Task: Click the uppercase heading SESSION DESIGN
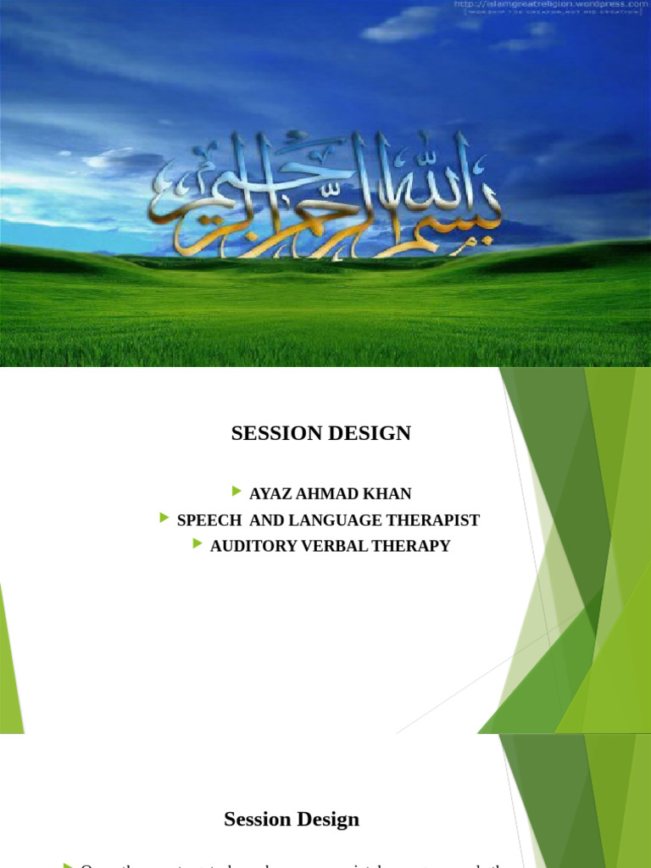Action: point(320,433)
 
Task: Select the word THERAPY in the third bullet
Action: point(409,546)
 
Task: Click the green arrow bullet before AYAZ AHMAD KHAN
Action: point(236,492)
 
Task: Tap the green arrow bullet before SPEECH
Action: point(164,518)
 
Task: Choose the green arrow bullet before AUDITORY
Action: point(198,544)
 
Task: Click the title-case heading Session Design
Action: point(292,819)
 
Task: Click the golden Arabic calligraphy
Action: point(326,195)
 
